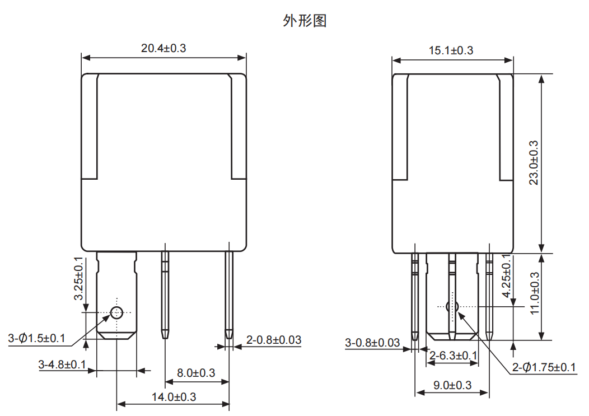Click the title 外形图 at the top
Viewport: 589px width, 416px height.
pyautogui.click(x=305, y=21)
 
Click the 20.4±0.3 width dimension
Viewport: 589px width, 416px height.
pyautogui.click(x=163, y=48)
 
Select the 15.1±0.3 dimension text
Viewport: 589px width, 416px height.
pyautogui.click(x=451, y=50)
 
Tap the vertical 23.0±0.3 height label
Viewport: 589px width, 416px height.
pyautogui.click(x=534, y=163)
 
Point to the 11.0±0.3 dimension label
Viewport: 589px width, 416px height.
pyautogui.click(x=534, y=293)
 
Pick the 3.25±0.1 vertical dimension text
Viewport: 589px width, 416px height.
pyautogui.click(x=78, y=278)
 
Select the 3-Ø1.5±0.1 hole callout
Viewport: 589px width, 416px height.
pyautogui.click(x=36, y=338)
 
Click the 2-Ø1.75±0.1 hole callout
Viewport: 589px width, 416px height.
pyautogui.click(x=544, y=367)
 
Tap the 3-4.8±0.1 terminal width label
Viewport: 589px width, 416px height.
pyautogui.click(x=62, y=364)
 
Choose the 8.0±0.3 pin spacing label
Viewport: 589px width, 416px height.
pyautogui.click(x=196, y=373)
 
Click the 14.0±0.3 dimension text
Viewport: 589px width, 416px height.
pyautogui.click(x=174, y=397)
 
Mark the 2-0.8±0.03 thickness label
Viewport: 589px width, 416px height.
pyautogui.click(x=274, y=340)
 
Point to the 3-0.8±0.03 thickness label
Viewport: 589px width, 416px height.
pyautogui.click(x=373, y=343)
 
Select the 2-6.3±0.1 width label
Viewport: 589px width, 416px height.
pyautogui.click(x=454, y=356)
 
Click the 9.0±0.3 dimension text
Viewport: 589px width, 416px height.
pyautogui.click(x=452, y=385)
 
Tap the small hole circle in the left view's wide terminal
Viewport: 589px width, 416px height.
pyautogui.click(x=116, y=312)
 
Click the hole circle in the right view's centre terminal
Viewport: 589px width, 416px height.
pyautogui.click(x=452, y=307)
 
